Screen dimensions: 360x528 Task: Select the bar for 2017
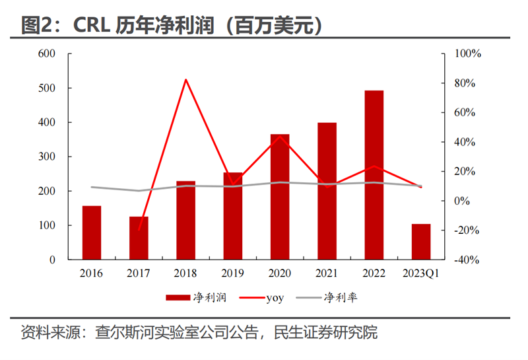pyautogui.click(x=139, y=238)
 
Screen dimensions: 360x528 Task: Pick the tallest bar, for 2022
pyautogui.click(x=374, y=175)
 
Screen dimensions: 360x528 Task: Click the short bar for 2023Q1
pyautogui.click(x=421, y=242)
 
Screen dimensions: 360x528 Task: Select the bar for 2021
pyautogui.click(x=327, y=191)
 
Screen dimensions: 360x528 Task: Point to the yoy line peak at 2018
pyautogui.click(x=186, y=79)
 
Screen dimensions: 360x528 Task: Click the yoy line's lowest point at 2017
pyautogui.click(x=139, y=230)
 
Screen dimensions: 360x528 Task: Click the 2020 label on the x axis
pyautogui.click(x=280, y=273)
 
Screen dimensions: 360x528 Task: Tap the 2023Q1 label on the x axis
pyautogui.click(x=421, y=273)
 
